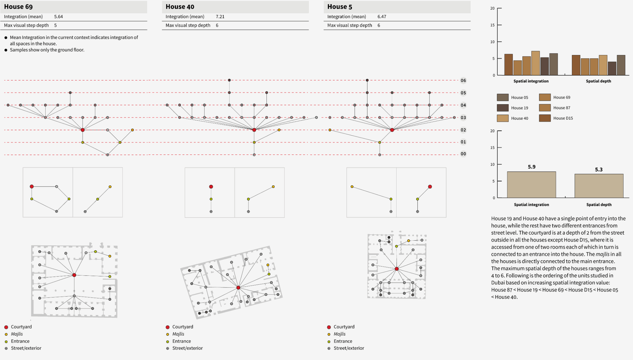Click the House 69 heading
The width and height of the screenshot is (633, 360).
click(18, 7)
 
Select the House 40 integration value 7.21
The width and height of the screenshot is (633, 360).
click(220, 16)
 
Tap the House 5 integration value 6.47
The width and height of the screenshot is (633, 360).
click(382, 16)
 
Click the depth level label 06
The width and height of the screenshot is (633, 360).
click(463, 80)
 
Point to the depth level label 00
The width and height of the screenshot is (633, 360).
click(463, 154)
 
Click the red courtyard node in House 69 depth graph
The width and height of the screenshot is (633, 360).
click(83, 130)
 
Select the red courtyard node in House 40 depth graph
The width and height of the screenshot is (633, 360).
click(254, 130)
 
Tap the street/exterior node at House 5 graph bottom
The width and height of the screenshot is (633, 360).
click(380, 155)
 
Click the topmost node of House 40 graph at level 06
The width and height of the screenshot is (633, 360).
click(229, 80)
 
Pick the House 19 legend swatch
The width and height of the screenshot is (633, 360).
click(503, 108)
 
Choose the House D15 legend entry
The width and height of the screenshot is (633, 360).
click(563, 118)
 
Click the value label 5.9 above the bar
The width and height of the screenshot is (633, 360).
click(532, 167)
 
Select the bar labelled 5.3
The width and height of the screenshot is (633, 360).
click(599, 186)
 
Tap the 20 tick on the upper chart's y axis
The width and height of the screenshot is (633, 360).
click(492, 8)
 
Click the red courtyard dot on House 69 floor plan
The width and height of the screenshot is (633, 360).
click(74, 275)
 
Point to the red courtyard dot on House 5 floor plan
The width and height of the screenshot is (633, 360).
click(397, 269)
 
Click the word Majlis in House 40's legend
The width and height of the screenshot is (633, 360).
click(178, 334)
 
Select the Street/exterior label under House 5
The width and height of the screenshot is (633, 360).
click(349, 348)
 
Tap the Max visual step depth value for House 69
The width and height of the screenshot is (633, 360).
click(55, 25)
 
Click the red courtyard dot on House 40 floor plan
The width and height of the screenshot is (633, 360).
click(238, 287)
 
